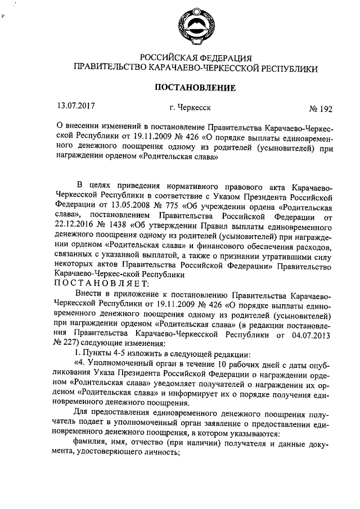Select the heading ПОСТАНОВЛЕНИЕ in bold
tap(195, 87)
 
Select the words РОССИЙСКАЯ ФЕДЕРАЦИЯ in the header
tap(195, 58)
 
